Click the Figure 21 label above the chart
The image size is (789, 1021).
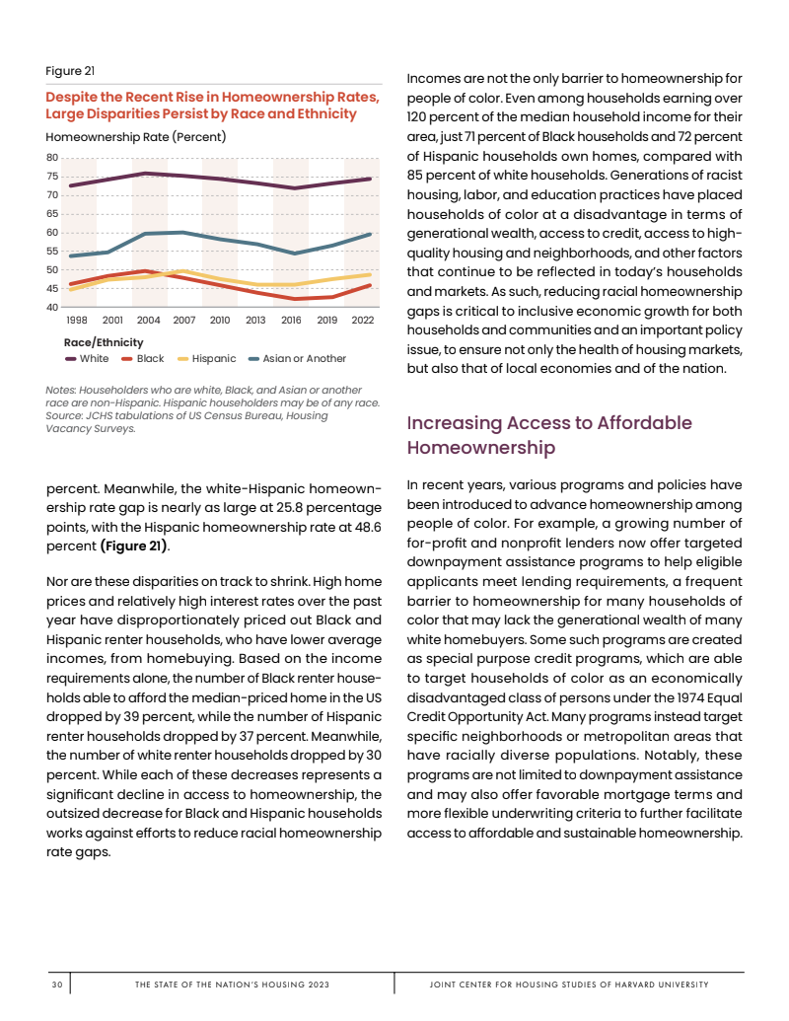tap(70, 71)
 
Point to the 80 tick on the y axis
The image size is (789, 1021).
tap(53, 158)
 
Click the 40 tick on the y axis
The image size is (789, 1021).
tap(53, 308)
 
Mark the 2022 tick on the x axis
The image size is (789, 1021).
tap(362, 321)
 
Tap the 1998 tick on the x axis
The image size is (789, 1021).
tap(77, 321)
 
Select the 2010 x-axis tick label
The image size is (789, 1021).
tap(220, 321)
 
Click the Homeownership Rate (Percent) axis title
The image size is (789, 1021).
tap(136, 136)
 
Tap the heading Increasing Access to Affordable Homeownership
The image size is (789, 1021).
tap(549, 435)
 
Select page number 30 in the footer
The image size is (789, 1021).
tap(57, 985)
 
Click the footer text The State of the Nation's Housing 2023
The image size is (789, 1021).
tap(232, 985)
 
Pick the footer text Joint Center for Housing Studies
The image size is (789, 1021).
tap(569, 985)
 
